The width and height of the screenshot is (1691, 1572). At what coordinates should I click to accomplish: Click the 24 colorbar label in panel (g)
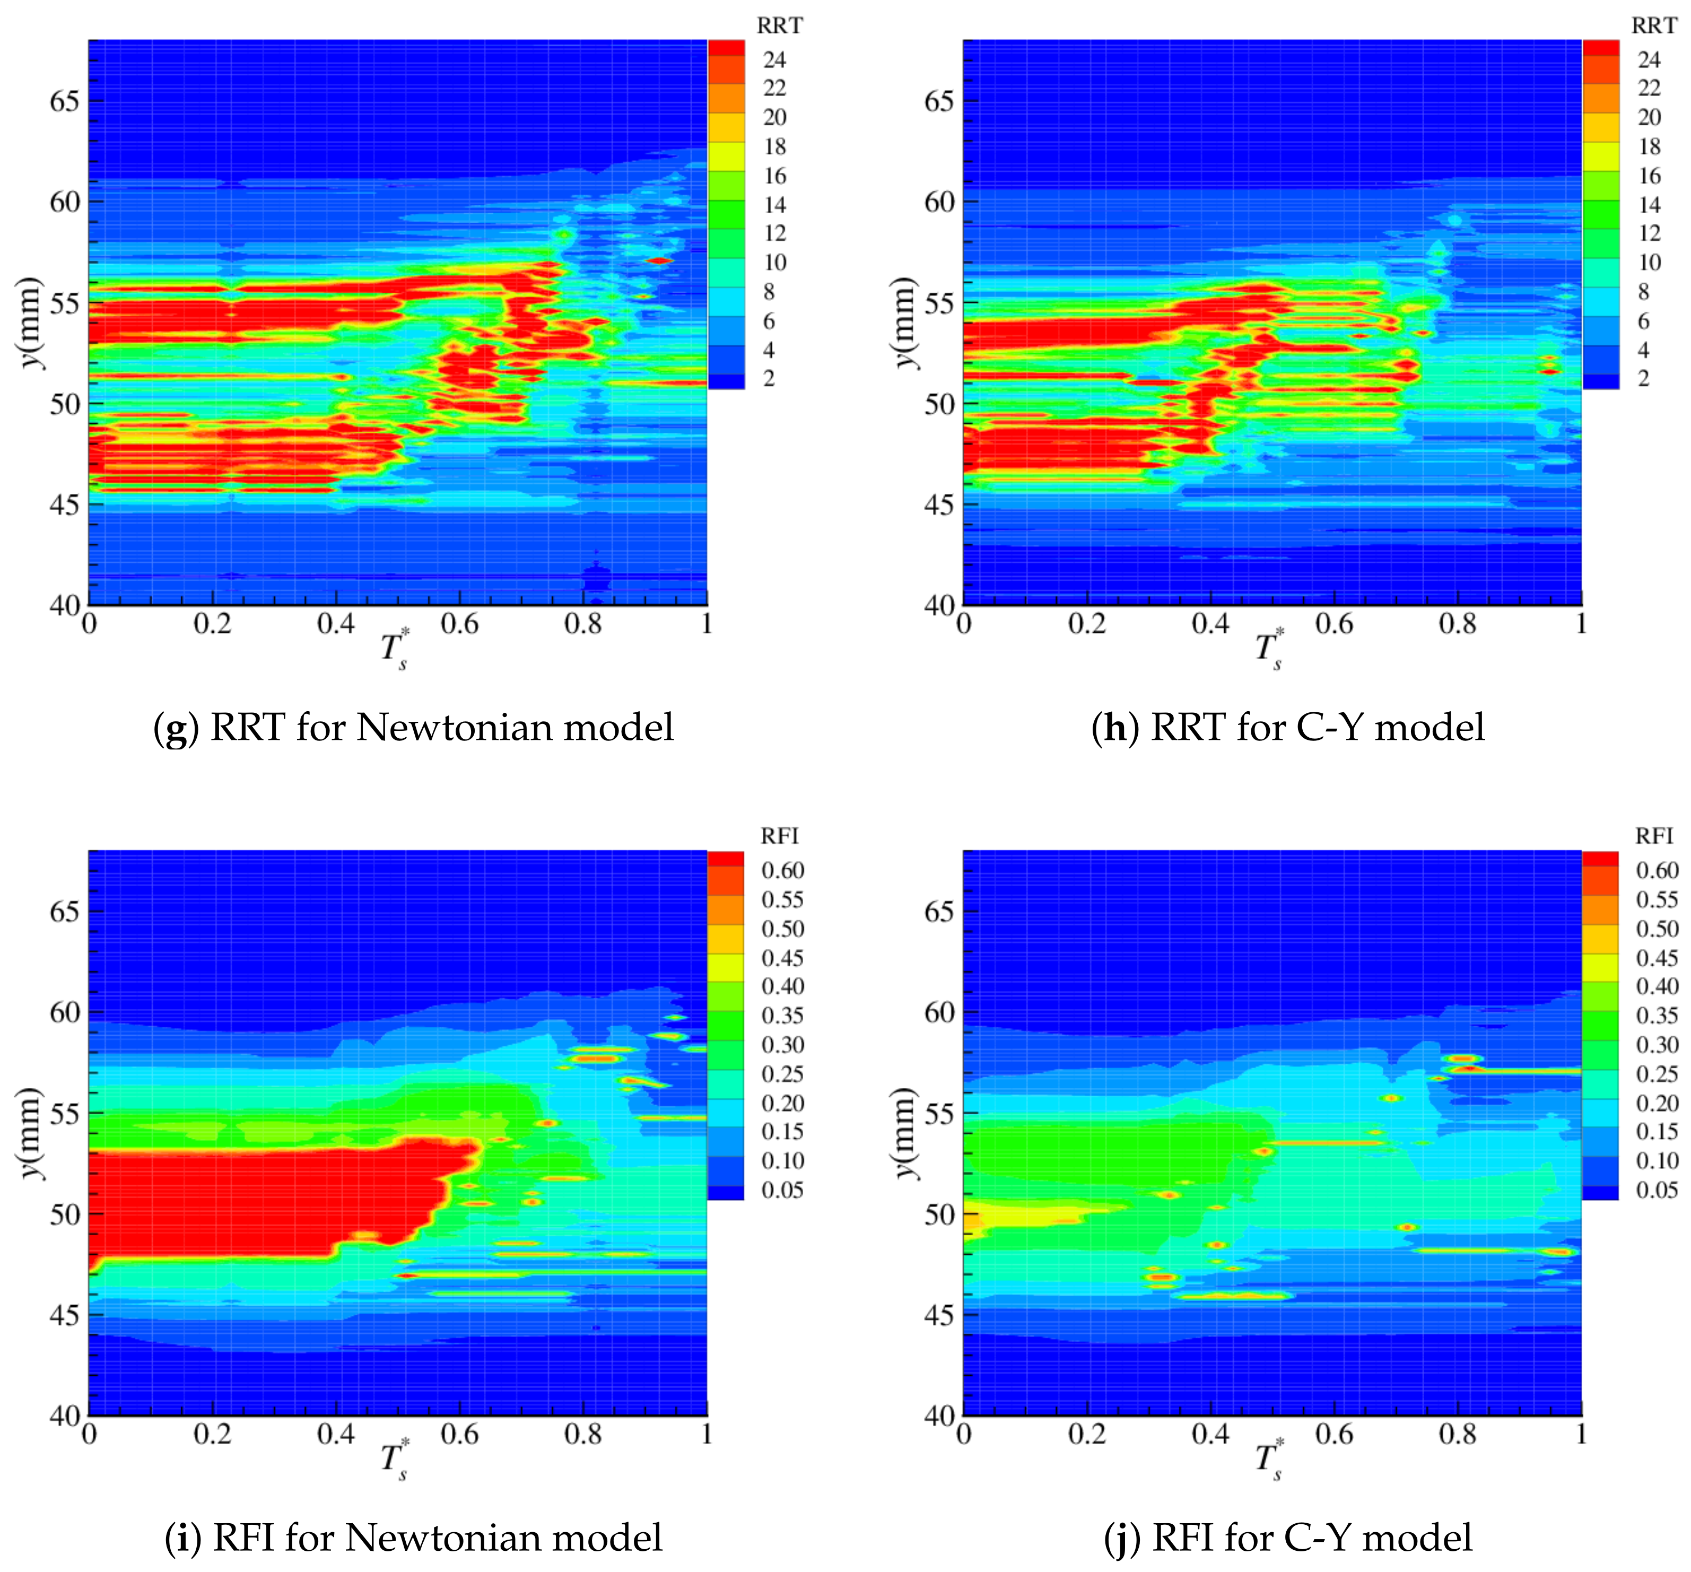pos(774,59)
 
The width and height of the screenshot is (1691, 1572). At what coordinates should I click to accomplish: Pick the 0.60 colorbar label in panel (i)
pos(782,870)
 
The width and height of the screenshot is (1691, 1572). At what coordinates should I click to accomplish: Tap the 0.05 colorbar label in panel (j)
pos(1657,1190)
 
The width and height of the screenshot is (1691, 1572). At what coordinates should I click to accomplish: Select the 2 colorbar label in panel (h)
pos(1643,379)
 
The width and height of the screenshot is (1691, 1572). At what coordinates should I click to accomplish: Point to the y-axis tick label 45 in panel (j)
pos(939,1315)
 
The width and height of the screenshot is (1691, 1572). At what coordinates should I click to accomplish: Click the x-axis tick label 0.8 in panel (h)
pos(1457,624)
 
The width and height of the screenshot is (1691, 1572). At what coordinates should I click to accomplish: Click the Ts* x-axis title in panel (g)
pos(394,650)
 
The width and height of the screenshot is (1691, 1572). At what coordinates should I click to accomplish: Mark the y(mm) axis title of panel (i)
pos(32,1133)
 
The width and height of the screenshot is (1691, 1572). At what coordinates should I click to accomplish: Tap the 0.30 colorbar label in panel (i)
pos(782,1045)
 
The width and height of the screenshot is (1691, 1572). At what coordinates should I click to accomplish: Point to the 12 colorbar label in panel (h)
pos(1649,233)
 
